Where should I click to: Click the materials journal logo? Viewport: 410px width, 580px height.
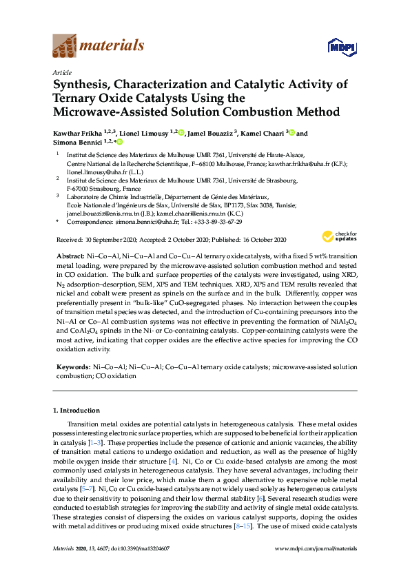(99, 46)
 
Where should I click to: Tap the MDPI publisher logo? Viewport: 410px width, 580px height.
(338, 46)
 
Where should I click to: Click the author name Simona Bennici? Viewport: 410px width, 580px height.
(74, 141)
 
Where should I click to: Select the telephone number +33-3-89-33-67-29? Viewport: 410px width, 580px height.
(216, 222)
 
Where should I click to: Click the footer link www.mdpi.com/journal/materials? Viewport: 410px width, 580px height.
(316, 568)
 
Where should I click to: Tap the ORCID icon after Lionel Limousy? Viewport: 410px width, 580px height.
(181, 132)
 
